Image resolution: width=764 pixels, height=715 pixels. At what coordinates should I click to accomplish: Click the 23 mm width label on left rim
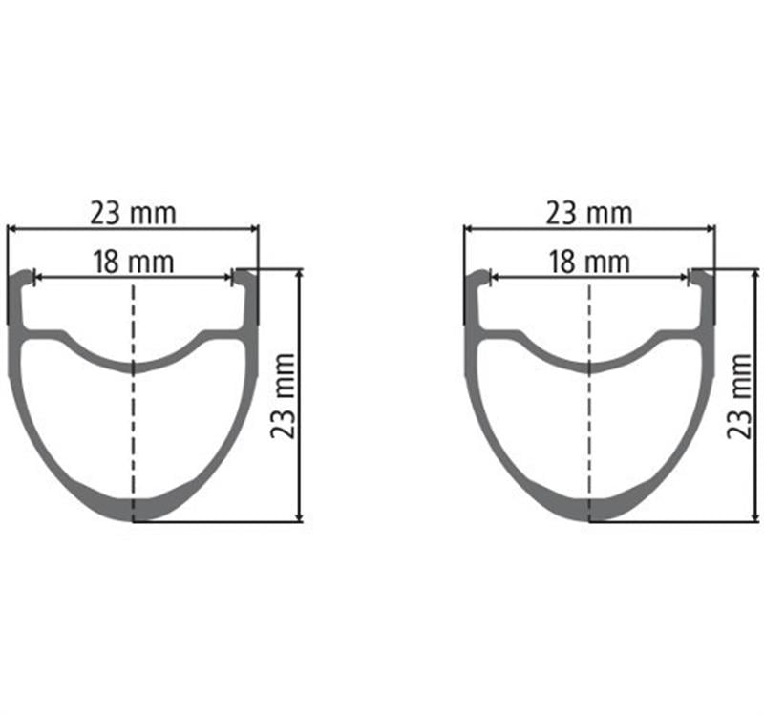click(x=133, y=213)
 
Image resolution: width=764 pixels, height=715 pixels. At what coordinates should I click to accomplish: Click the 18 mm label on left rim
click(x=133, y=261)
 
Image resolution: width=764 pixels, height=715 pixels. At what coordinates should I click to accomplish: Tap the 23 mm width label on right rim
click(x=589, y=213)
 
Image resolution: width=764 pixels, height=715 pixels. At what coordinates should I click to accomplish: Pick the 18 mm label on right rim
click(x=589, y=261)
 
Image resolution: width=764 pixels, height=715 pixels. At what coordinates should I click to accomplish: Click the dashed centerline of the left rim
click(x=133, y=430)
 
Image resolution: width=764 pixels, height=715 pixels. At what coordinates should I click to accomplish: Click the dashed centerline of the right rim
click(x=589, y=430)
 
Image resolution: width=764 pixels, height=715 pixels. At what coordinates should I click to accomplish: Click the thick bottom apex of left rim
click(x=133, y=510)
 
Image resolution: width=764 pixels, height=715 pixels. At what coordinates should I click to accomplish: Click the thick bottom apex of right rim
click(x=589, y=510)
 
